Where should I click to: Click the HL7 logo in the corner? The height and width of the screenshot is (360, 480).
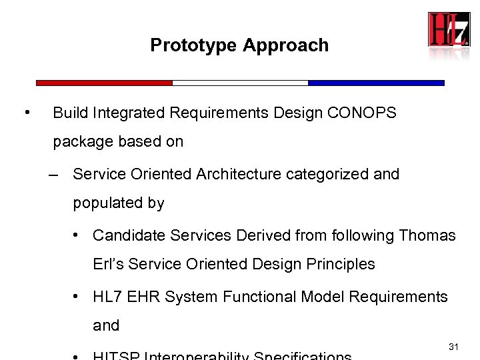pos(449,29)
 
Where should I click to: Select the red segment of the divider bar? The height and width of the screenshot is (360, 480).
pos(104,83)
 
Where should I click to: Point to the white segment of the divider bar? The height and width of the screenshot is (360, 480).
pos(240,83)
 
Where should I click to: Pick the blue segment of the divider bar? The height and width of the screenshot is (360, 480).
pos(376,83)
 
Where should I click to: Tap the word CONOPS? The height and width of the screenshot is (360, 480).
pos(362,113)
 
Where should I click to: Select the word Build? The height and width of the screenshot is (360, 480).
pos(69,113)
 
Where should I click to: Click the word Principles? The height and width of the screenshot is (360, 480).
pos(340,264)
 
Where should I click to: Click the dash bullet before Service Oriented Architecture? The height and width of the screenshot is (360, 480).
pos(55,175)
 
